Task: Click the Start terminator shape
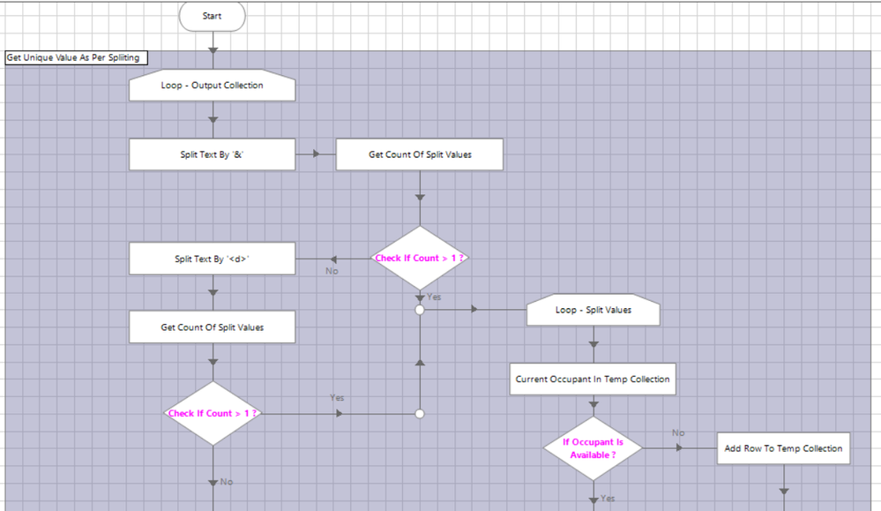212,16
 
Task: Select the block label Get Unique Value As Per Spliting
73,57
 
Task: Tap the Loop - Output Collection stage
212,86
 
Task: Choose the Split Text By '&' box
212,154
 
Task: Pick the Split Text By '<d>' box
212,259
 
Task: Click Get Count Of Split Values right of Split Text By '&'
420,154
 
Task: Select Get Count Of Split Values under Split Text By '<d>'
212,327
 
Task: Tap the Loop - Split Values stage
593,310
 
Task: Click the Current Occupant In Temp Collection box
593,379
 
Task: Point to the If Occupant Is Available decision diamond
593,448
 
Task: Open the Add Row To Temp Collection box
783,448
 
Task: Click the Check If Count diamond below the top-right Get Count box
420,258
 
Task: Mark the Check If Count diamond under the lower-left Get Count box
212,413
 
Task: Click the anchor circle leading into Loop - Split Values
420,310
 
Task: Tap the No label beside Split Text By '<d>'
332,271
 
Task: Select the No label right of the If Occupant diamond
678,433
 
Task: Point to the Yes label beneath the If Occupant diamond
608,499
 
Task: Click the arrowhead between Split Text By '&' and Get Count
316,154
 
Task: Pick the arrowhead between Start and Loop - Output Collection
212,50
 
